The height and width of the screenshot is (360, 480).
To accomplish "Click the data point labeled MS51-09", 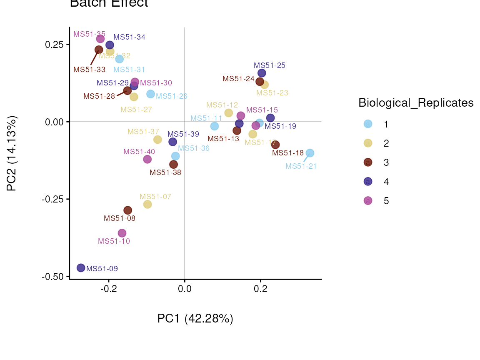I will [81, 268].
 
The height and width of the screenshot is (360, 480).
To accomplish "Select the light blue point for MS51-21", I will [310, 153].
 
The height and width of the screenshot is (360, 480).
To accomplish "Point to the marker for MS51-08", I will [127, 210].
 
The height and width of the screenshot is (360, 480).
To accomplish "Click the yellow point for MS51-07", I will [147, 204].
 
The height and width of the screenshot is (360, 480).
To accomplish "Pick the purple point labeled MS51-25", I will [262, 73].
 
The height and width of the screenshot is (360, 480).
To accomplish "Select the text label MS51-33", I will [89, 70].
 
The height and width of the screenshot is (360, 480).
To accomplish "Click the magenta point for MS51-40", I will [147, 159].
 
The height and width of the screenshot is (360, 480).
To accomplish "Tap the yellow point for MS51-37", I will [157, 140].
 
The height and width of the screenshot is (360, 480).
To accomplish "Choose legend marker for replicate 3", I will [368, 162].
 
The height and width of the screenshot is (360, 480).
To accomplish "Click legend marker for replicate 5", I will [368, 201].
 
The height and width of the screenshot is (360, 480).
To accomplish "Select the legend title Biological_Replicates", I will [416, 103].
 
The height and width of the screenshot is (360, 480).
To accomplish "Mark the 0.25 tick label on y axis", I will [55, 45].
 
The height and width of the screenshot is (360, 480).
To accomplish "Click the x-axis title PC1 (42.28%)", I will [195, 319].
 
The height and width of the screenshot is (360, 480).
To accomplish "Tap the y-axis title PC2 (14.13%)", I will [12, 154].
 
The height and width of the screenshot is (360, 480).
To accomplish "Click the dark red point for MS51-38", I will [173, 165].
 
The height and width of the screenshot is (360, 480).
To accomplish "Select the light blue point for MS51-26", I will [150, 94].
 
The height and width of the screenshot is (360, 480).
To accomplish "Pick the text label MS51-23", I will [272, 93].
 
